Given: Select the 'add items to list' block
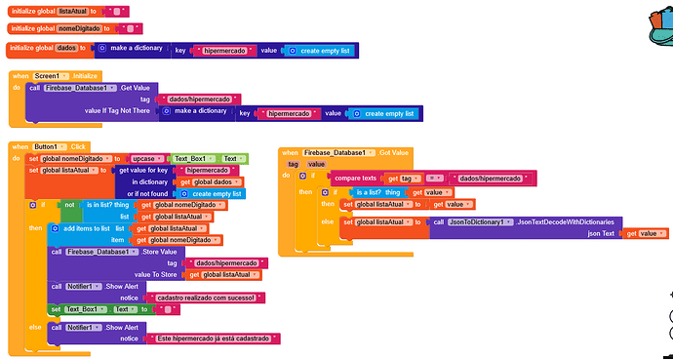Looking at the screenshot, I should (x=88, y=228).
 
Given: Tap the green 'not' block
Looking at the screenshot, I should (x=69, y=205).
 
